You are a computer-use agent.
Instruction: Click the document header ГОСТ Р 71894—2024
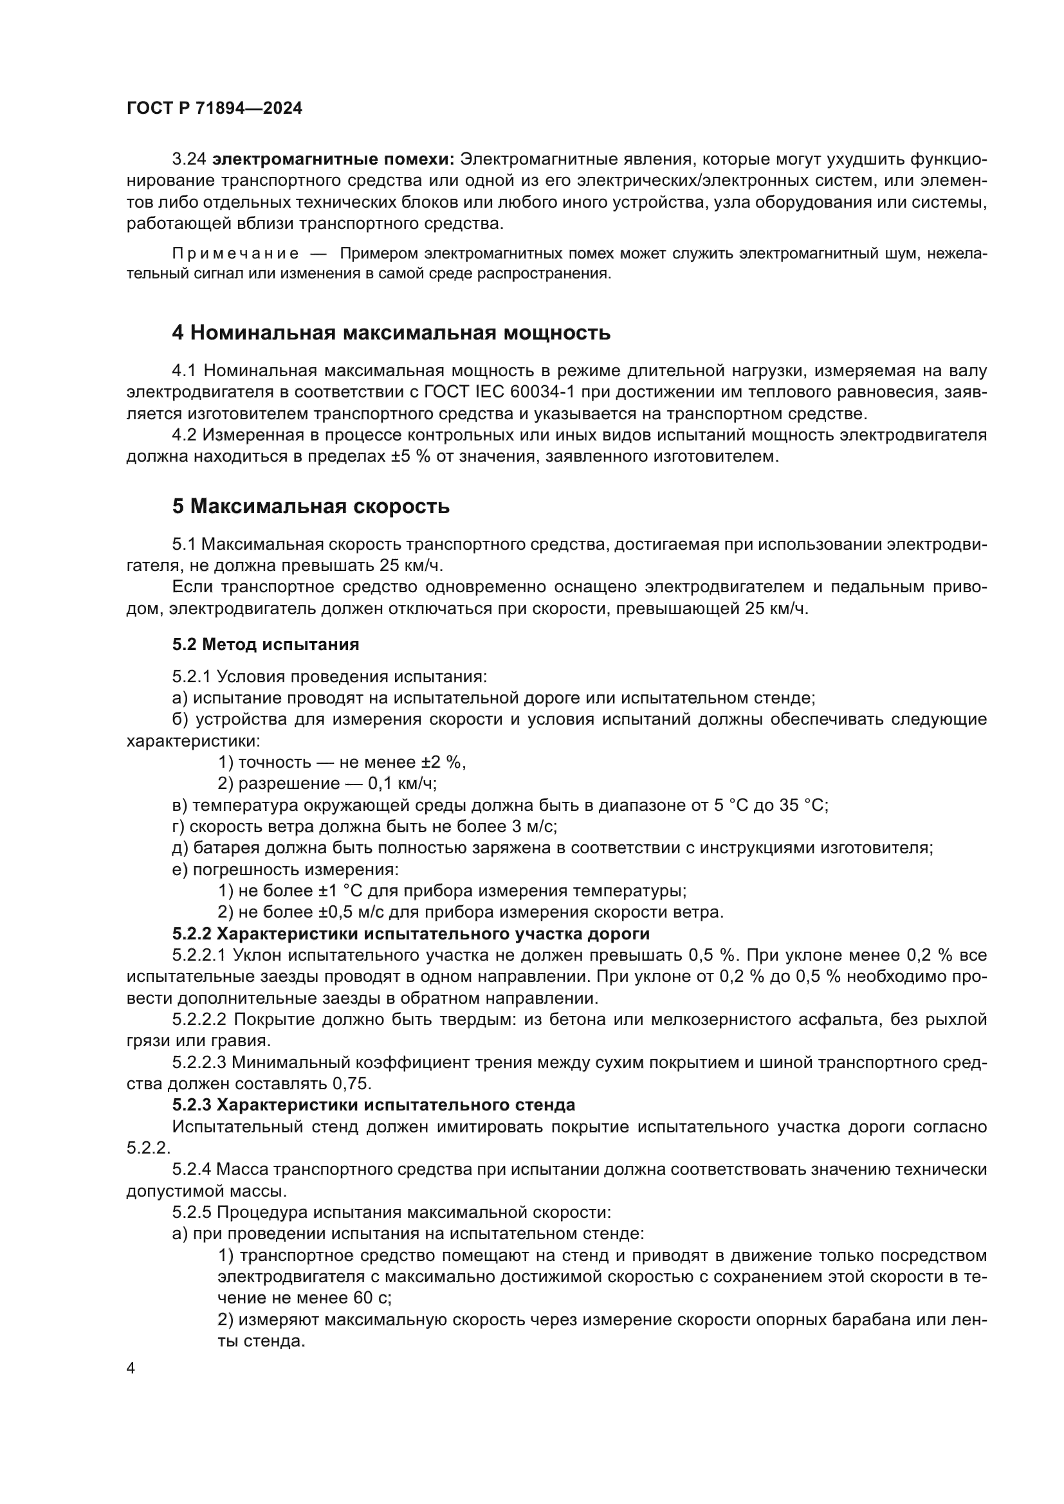pyautogui.click(x=214, y=109)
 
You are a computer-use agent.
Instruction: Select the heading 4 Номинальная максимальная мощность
pyautogui.click(x=390, y=333)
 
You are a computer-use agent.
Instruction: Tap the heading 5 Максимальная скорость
pyautogui.click(x=311, y=506)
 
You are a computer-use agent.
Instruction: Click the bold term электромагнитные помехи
pyautogui.click(x=334, y=159)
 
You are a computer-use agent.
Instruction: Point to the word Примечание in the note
pyautogui.click(x=235, y=253)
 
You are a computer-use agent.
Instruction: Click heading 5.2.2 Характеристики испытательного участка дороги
pyautogui.click(x=411, y=934)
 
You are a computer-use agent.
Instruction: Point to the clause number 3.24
pyautogui.click(x=189, y=159)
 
